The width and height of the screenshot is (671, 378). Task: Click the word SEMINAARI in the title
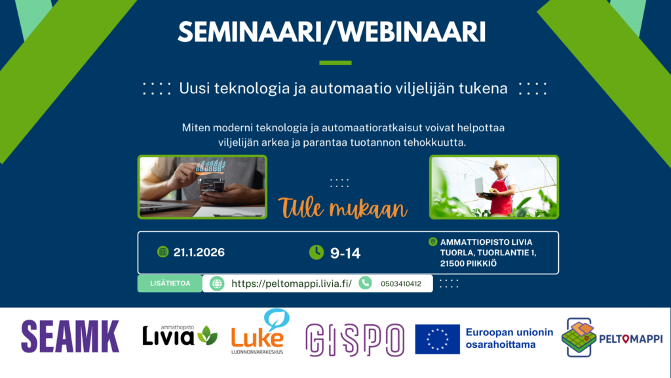pyautogui.click(x=250, y=32)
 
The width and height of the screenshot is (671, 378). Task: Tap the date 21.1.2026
pyautogui.click(x=199, y=253)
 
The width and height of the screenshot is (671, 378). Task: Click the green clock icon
pyautogui.click(x=316, y=253)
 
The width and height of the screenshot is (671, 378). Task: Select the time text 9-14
pyautogui.click(x=345, y=253)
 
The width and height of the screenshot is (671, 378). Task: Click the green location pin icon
pyautogui.click(x=432, y=241)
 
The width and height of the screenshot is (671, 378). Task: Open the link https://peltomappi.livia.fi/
pyautogui.click(x=292, y=283)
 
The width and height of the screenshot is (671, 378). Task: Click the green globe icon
pyautogui.click(x=217, y=283)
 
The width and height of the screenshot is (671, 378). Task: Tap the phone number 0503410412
pyautogui.click(x=401, y=283)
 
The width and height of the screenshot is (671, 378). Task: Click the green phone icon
pyautogui.click(x=365, y=283)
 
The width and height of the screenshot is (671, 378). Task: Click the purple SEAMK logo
pyautogui.click(x=70, y=337)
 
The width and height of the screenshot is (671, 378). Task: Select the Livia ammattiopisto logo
pyautogui.click(x=180, y=335)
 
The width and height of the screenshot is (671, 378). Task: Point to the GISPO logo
pyautogui.click(x=355, y=341)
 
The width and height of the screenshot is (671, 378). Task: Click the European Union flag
pyautogui.click(x=437, y=339)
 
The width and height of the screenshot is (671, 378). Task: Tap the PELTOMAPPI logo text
pyautogui.click(x=631, y=339)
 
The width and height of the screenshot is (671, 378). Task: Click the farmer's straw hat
pyautogui.click(x=498, y=165)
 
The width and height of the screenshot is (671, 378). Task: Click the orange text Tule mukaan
pyautogui.click(x=342, y=208)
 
